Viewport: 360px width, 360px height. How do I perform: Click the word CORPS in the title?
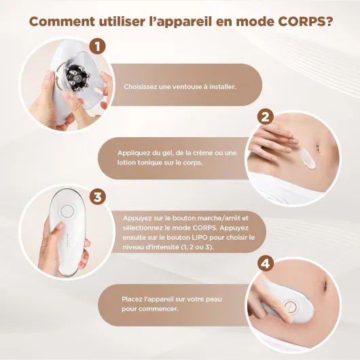click(306, 22)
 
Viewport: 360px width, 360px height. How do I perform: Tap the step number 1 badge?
click(97, 46)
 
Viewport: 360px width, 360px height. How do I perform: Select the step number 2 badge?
click(266, 117)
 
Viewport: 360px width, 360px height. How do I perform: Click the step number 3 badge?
click(98, 197)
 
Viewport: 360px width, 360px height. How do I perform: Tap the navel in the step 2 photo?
click(318, 147)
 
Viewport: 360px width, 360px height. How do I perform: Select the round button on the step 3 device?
click(67, 211)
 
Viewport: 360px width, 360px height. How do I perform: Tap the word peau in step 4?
click(214, 300)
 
